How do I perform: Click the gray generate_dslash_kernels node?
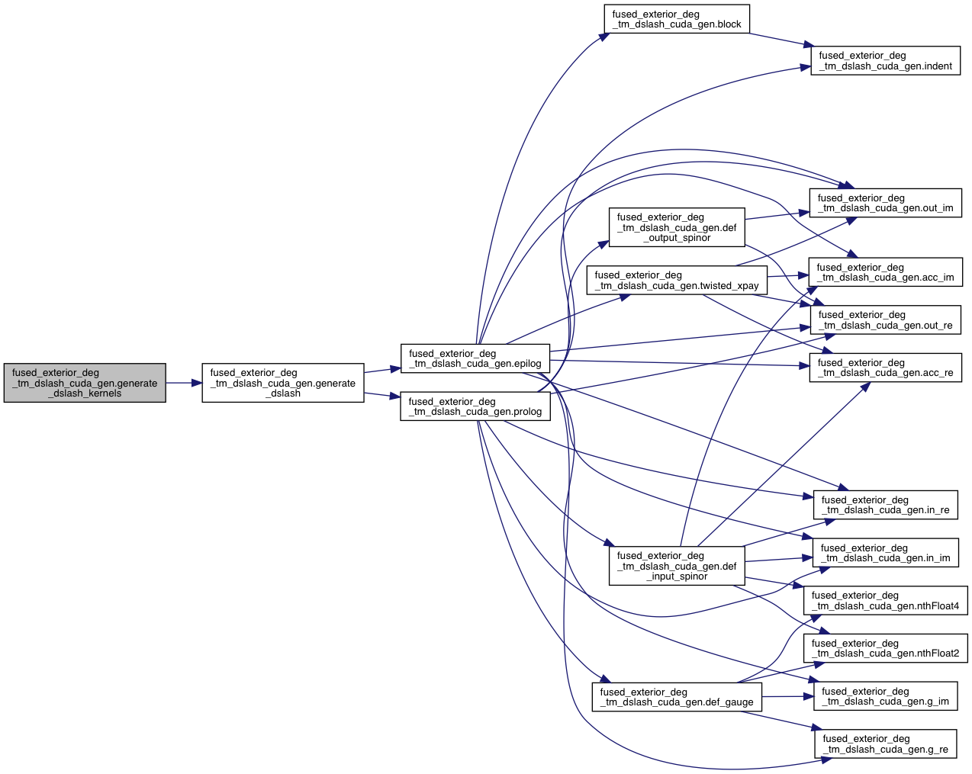(85, 383)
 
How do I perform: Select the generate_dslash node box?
(282, 383)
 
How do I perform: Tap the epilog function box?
(475, 358)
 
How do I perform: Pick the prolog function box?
(475, 406)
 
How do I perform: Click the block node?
(677, 19)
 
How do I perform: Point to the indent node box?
(885, 61)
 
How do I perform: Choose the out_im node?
(885, 203)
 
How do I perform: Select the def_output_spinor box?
(677, 227)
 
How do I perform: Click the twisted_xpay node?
(677, 280)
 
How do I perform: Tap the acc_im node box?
(885, 272)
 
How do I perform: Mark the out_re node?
(885, 320)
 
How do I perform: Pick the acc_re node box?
(885, 368)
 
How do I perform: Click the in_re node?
(885, 505)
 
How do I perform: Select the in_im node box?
(885, 553)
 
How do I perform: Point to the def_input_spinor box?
(677, 566)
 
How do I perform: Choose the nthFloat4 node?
(885, 600)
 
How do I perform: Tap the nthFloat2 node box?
(885, 648)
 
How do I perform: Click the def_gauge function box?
(677, 697)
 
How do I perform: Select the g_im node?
(885, 696)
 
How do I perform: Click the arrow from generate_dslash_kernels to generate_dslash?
(184, 383)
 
